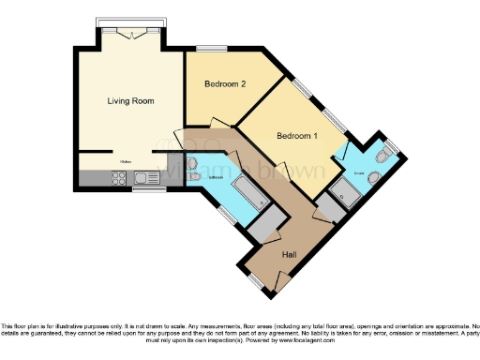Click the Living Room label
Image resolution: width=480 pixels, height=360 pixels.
(x=130, y=100)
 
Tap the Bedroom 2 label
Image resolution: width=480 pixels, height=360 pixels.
(x=225, y=84)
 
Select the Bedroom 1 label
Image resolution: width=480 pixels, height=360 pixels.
(x=296, y=137)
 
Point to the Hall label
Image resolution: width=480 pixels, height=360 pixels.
(x=292, y=253)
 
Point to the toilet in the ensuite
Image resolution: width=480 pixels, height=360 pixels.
(x=375, y=179)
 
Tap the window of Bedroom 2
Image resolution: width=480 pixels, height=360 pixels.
(x=210, y=48)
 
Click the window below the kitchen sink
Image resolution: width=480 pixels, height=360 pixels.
(x=143, y=189)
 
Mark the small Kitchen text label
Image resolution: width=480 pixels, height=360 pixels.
(x=125, y=161)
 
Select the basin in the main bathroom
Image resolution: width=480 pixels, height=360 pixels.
(x=195, y=175)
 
